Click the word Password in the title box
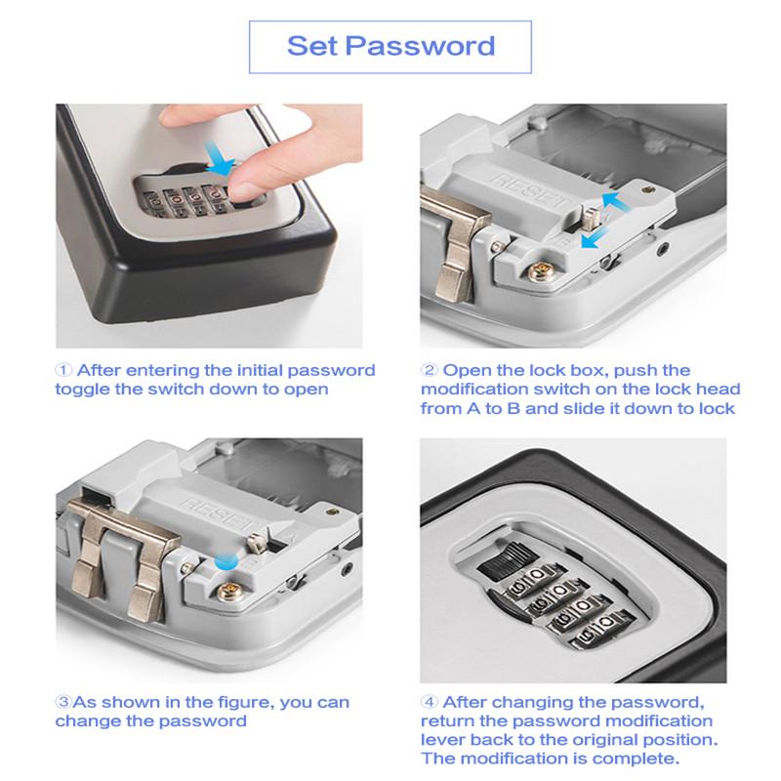click(420, 46)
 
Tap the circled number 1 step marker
click(63, 370)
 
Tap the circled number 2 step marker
click(429, 370)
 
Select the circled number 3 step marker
click(63, 702)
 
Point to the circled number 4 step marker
click(429, 702)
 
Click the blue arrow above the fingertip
click(218, 158)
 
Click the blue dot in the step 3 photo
click(226, 562)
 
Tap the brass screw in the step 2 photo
click(539, 272)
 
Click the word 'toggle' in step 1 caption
click(82, 390)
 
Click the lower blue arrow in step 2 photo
click(595, 238)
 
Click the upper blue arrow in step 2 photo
click(617, 201)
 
